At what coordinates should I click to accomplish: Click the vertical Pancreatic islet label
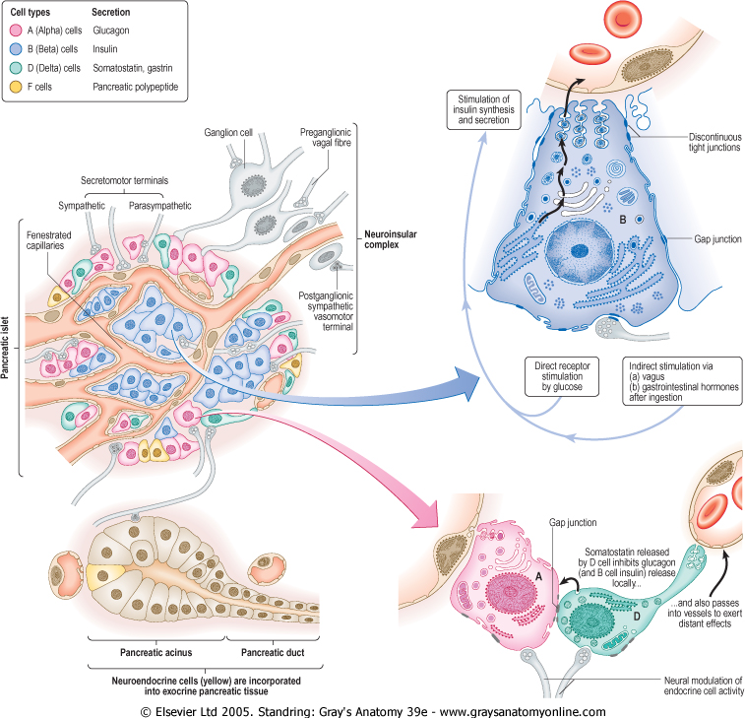pos(8,348)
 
